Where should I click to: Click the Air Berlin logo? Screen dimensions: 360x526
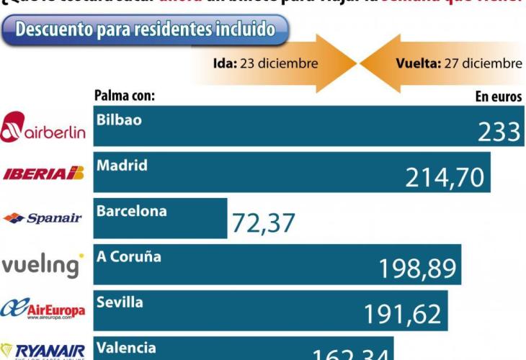[x=43, y=127]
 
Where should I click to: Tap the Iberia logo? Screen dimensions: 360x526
[x=44, y=173]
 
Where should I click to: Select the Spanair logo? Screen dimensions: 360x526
[x=43, y=217]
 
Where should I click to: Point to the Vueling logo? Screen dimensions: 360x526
[x=43, y=264]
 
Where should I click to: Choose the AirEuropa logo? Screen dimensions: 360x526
[x=43, y=310]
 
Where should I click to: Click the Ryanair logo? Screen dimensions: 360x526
[x=43, y=350]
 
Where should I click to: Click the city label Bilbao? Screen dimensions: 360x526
[x=120, y=120]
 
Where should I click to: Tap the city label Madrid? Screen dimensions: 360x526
[x=122, y=165]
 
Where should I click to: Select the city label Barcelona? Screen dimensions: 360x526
[x=131, y=211]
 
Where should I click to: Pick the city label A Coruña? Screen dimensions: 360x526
[x=129, y=256]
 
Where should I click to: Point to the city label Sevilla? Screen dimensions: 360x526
[x=120, y=302]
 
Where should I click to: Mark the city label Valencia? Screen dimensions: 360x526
[x=125, y=348]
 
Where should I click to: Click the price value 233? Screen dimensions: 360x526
[x=499, y=131]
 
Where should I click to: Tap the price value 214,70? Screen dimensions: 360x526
[x=445, y=177]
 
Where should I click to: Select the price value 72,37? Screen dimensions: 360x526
[x=263, y=223]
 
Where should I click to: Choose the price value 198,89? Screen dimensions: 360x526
[x=417, y=269]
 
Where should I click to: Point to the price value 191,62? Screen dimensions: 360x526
[x=403, y=315]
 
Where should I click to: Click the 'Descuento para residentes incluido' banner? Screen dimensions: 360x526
[x=145, y=30]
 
